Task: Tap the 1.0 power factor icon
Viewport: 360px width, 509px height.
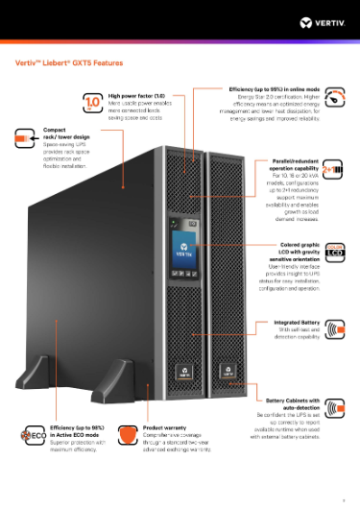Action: [94, 103]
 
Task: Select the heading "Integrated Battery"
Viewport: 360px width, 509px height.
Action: [297, 322]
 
